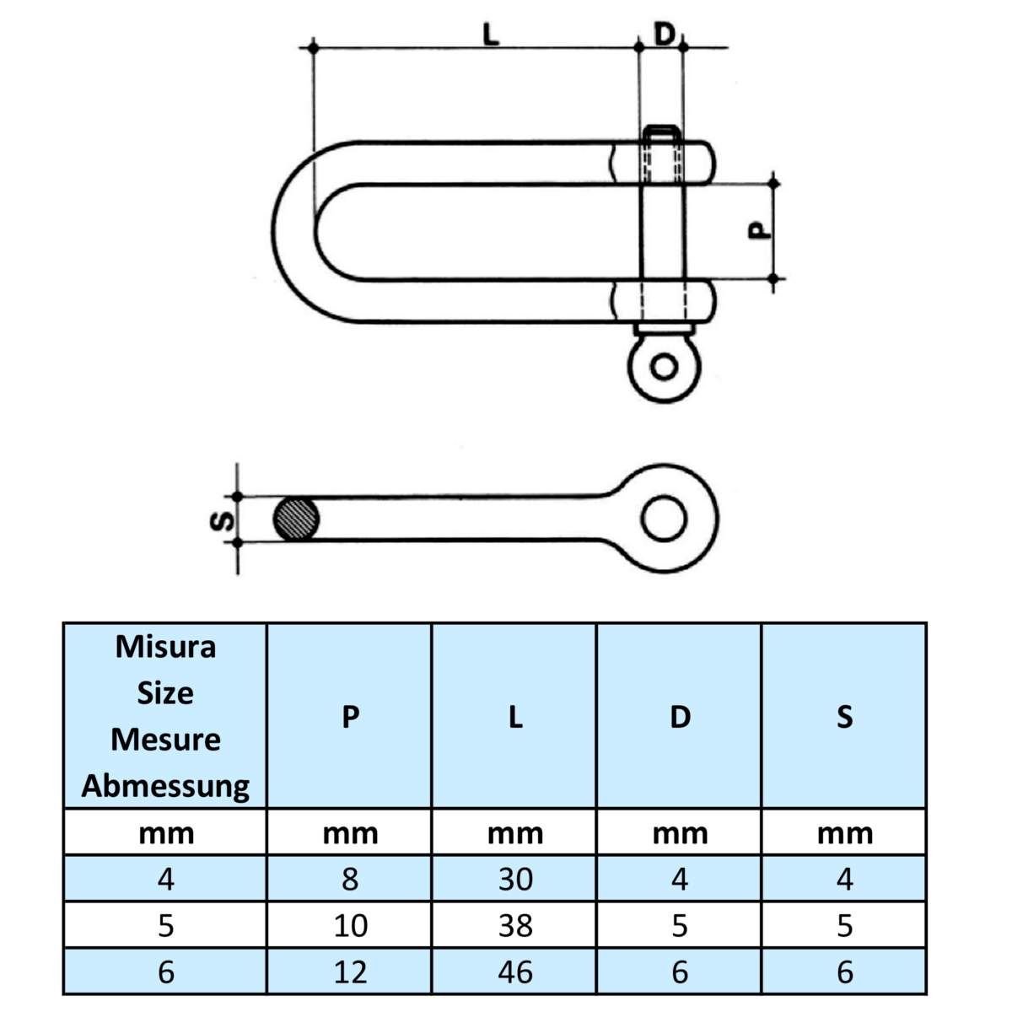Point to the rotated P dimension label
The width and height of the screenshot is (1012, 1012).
pos(760,230)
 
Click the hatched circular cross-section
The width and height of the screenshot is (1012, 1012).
pos(297,519)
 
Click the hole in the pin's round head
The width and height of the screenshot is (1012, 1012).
pos(665,368)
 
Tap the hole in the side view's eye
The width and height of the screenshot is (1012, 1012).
pos(663,516)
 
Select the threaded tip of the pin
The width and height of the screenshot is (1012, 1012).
pos(663,132)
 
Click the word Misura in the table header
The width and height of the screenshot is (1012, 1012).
pos(165,647)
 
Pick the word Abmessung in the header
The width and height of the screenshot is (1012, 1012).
pos(165,786)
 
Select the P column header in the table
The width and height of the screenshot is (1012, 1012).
pos(350,717)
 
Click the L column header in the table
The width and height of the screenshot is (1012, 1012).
pos(515,717)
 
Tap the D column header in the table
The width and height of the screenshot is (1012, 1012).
pos(680,717)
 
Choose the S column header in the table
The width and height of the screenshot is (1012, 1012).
pos(844,717)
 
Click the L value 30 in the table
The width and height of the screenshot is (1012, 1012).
pos(515,880)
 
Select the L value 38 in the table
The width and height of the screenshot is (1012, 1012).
pos(515,926)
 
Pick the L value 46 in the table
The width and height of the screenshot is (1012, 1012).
pos(515,972)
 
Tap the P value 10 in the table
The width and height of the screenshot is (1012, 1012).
pos(350,926)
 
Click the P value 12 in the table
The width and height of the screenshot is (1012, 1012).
pos(350,972)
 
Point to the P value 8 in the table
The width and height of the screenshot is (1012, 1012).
pos(350,880)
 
